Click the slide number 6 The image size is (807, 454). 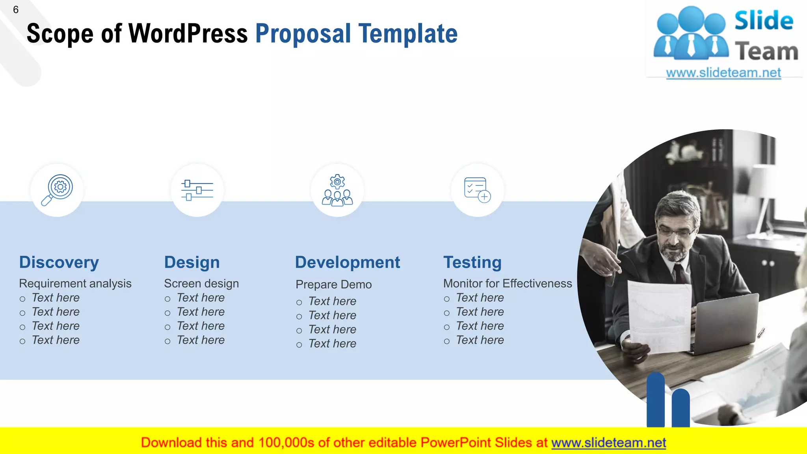(x=16, y=10)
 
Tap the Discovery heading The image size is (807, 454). (x=59, y=262)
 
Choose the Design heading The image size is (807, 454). (x=192, y=262)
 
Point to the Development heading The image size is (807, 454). (x=348, y=262)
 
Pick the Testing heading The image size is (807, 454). (x=472, y=262)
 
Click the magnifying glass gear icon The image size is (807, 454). (x=58, y=190)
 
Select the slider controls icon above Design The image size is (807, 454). (x=197, y=190)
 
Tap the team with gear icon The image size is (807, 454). (x=337, y=190)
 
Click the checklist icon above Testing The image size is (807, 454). (x=477, y=190)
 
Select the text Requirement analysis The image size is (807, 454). (x=75, y=284)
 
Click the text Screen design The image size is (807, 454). (x=201, y=284)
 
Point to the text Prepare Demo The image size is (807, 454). (x=333, y=285)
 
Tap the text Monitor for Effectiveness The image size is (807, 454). (x=508, y=284)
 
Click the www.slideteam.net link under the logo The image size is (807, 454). (x=723, y=73)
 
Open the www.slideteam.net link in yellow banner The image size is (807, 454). (x=608, y=443)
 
